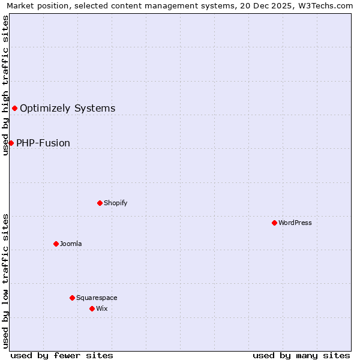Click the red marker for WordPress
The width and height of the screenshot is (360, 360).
pos(274,223)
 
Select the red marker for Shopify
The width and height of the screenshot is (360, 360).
pos(100,203)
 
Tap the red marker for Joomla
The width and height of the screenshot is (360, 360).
pos(56,244)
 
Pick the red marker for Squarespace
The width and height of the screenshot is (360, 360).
pos(72,298)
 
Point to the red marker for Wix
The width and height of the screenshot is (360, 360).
pos(92,308)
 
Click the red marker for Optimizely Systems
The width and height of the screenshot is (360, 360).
pos(14,108)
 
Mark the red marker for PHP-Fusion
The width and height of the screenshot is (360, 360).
pos(11,143)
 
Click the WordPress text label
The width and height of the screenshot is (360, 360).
pos(295,223)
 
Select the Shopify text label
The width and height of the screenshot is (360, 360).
pos(116,203)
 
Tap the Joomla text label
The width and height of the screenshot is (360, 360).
pos(71,244)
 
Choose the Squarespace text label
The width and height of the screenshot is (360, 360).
pos(97,298)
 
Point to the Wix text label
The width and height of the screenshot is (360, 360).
pos(102,308)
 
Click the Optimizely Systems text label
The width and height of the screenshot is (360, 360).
pos(68,109)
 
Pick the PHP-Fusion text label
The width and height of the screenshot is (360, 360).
pos(43,143)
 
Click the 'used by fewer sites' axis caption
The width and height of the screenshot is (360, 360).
pos(62,355)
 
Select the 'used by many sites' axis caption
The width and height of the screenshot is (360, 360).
pos(301,355)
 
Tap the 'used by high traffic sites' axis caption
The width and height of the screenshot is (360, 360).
pos(5,85)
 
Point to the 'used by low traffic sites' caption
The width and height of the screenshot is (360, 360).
pos(5,281)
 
